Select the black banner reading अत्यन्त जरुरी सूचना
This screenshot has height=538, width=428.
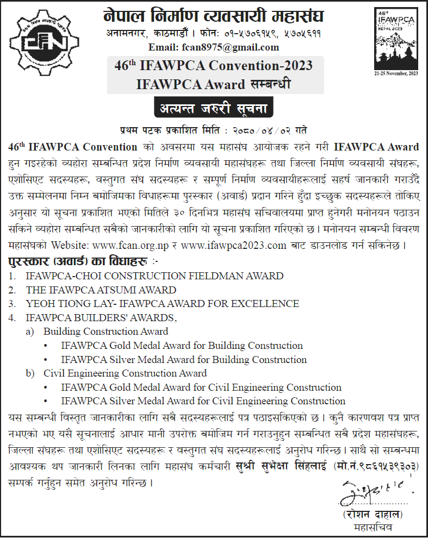click(x=213, y=108)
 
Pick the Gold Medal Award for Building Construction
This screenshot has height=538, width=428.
click(x=182, y=346)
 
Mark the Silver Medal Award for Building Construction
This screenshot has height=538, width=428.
click(x=184, y=360)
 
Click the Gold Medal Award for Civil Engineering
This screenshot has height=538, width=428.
click(x=201, y=387)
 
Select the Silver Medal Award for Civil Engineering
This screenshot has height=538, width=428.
click(x=203, y=402)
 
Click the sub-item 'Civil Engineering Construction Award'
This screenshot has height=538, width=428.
click(x=125, y=373)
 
